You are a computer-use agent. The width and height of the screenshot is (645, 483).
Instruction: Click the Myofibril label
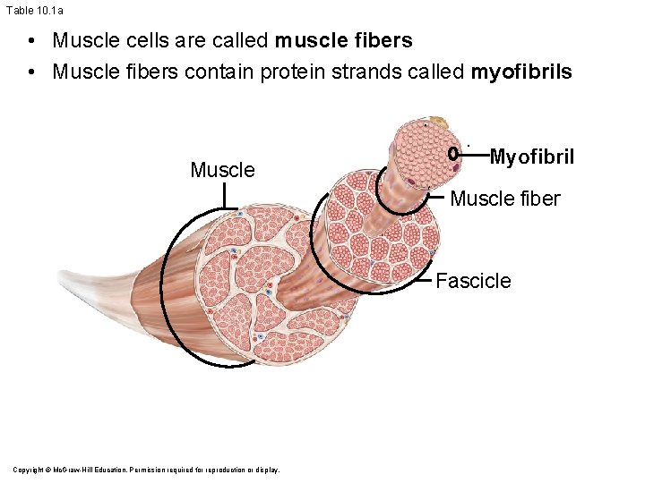click(x=531, y=158)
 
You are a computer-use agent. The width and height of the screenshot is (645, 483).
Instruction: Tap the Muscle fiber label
click(x=504, y=199)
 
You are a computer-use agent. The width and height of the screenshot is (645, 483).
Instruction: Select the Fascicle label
click(x=473, y=281)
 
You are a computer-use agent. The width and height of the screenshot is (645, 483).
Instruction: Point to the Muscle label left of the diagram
click(x=222, y=170)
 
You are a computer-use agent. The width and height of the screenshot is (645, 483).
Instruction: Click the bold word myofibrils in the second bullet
click(x=520, y=72)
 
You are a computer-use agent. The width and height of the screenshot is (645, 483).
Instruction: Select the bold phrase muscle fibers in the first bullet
click(x=344, y=41)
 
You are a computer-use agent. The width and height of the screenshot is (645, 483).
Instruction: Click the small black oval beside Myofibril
click(x=454, y=153)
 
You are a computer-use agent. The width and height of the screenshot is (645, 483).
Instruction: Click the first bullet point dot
click(x=31, y=41)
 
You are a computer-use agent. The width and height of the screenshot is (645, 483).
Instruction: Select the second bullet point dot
click(x=31, y=72)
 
